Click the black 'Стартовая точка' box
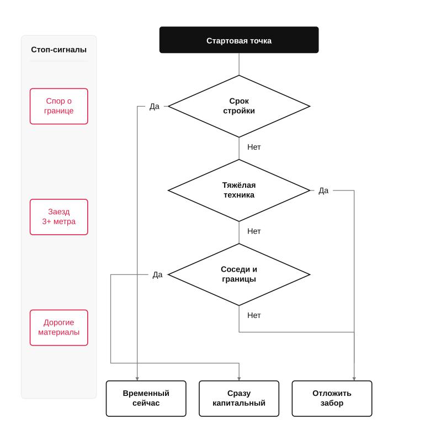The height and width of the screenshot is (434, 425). point(239,40)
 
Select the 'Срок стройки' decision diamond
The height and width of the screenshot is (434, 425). point(239,106)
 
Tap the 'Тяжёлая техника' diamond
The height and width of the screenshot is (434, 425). point(239,190)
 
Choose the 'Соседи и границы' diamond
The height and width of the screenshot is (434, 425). point(239,274)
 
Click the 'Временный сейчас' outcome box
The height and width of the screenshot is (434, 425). point(146,399)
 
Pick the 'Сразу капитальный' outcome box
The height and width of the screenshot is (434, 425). point(239,399)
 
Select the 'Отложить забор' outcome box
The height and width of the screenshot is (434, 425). point(332,399)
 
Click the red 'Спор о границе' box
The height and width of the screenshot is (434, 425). point(59,106)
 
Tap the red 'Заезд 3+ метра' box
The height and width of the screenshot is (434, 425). point(59,217)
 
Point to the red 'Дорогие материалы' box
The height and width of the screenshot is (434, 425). point(59,328)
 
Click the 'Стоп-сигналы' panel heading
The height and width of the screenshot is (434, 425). point(59,50)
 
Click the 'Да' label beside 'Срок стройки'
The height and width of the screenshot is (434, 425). point(155,106)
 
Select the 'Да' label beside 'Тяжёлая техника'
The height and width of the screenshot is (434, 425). point(323,190)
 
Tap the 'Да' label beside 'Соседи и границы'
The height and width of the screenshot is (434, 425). point(157,274)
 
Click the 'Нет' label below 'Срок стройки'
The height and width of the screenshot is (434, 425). point(254,147)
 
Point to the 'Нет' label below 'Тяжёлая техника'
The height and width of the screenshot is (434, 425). point(254,231)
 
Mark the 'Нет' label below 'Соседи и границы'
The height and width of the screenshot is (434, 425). point(254,315)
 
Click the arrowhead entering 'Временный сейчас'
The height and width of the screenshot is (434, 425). point(137,379)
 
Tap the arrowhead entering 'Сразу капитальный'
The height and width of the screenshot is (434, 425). point(239,379)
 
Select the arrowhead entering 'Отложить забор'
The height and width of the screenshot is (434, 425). point(354,379)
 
